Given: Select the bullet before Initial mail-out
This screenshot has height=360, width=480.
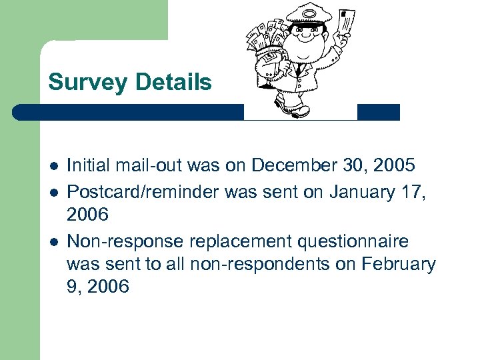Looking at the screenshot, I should pos(53,165).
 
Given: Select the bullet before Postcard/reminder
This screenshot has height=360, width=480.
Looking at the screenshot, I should pos(53,193).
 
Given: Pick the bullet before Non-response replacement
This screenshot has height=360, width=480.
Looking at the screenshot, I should pos(53,241).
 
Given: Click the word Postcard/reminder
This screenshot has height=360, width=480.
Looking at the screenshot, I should pos(143,193).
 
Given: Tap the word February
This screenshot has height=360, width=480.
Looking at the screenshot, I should pos(398,265).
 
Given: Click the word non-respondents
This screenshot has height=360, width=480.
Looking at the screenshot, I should pos(260,265).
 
